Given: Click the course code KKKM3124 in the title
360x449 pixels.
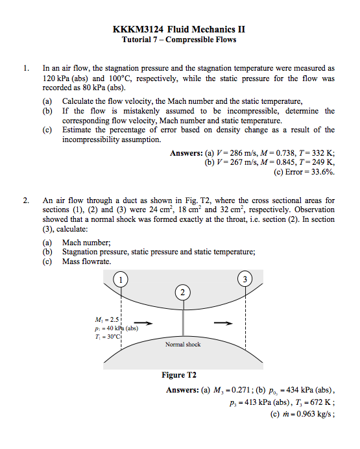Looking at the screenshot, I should (x=138, y=30).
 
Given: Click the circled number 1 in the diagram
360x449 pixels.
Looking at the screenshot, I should (x=121, y=280).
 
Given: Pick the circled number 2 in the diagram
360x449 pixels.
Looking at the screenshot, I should (x=184, y=292).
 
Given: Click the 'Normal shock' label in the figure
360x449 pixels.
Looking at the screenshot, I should (x=184, y=345).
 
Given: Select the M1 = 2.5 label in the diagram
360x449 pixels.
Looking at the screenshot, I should (x=106, y=319).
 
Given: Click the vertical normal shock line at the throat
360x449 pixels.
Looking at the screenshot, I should (x=184, y=318).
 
